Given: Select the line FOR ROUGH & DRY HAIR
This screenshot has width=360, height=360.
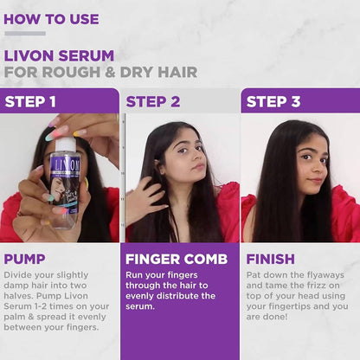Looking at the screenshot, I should tap(100, 72).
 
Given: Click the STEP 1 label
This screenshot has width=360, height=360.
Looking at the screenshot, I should tap(30, 101).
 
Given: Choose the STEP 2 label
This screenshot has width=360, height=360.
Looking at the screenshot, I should tap(153, 101).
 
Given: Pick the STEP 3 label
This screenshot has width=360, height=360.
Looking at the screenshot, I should tap(273, 101).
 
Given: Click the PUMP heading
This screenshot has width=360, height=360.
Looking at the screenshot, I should tap(24, 259).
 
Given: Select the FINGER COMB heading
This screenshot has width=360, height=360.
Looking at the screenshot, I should tap(177, 259).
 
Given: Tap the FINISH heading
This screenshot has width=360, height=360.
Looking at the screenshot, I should tap(270, 259).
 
